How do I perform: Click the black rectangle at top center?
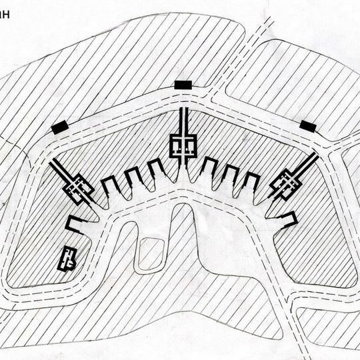(x=182, y=84)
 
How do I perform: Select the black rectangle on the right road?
(x=307, y=125)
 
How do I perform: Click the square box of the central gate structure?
(x=183, y=145)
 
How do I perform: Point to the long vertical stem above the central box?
(x=183, y=120)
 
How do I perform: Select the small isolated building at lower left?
(x=67, y=257)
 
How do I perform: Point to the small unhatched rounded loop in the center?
(x=147, y=254)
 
